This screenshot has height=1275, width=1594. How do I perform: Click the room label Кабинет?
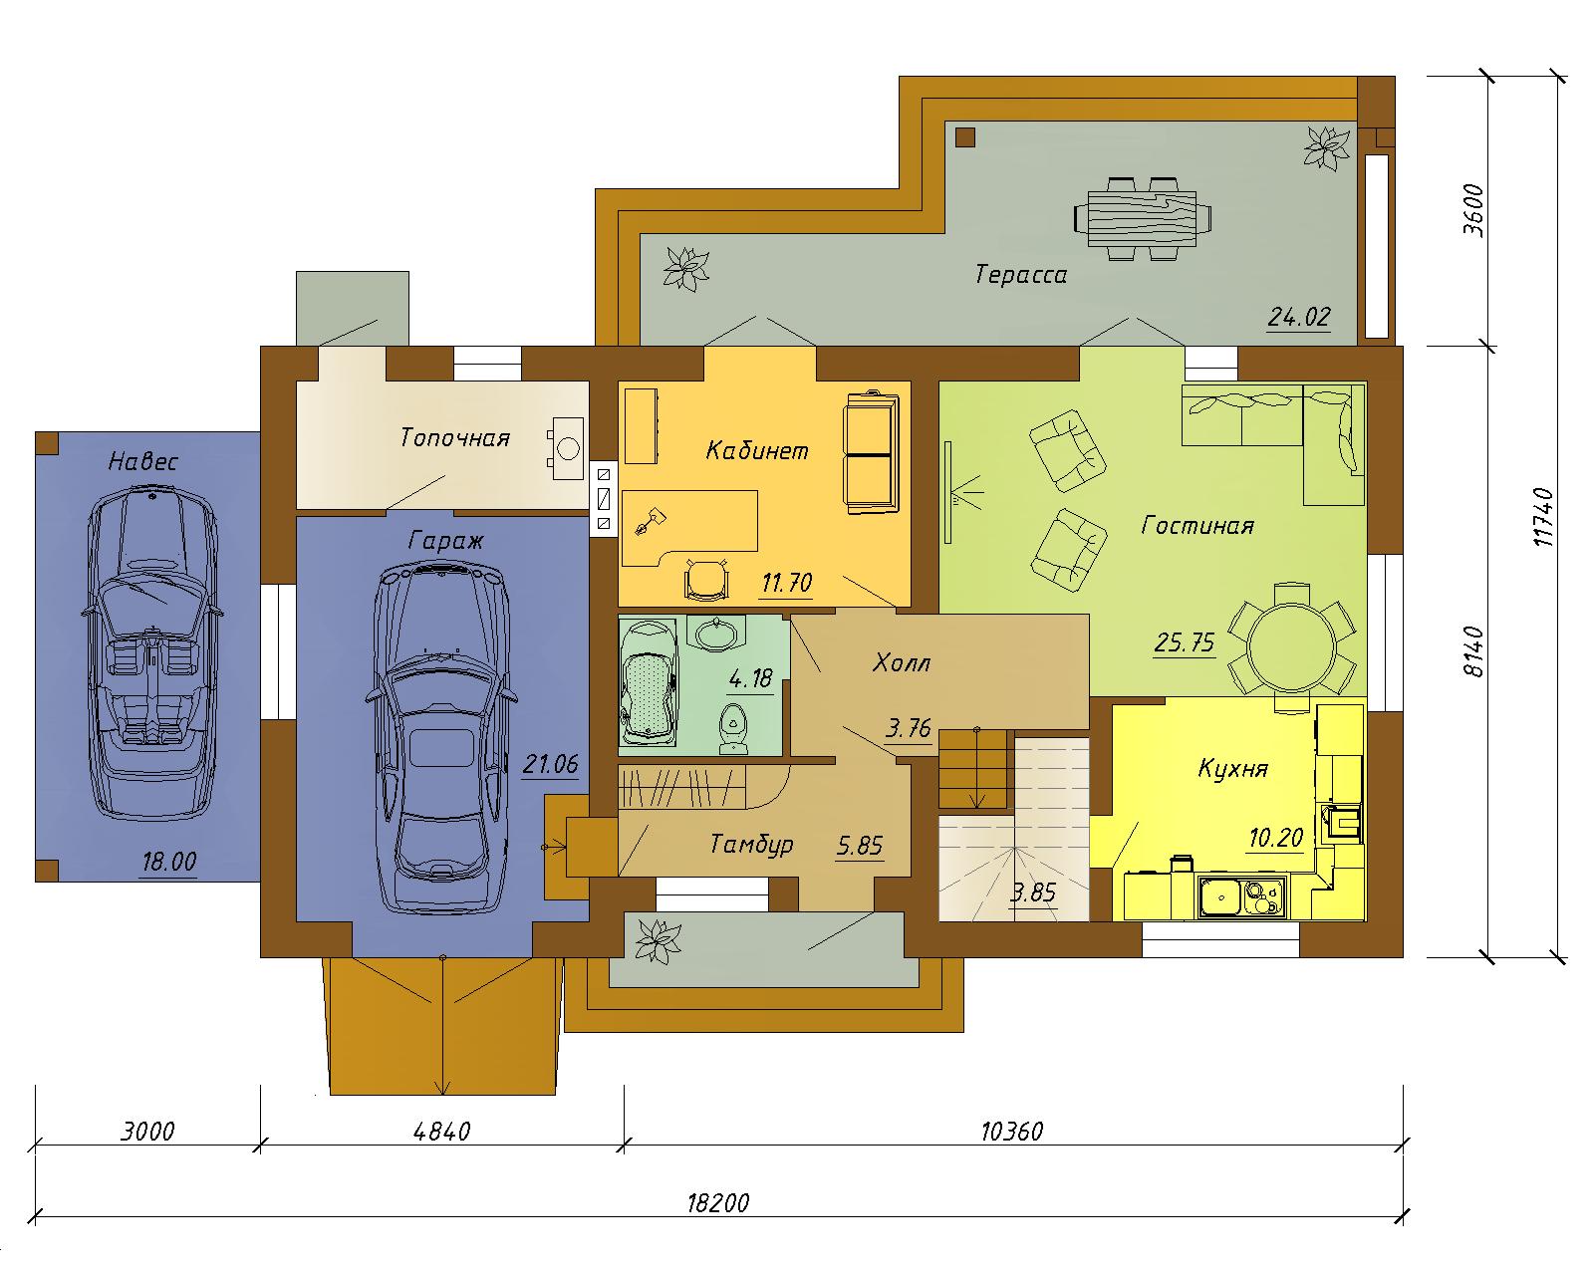click(757, 450)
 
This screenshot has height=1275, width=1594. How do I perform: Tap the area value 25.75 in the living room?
click(1185, 642)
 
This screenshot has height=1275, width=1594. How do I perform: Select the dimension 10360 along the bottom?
click(1012, 1132)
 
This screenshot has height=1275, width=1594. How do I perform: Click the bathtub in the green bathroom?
click(650, 681)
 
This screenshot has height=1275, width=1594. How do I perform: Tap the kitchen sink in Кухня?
click(1241, 897)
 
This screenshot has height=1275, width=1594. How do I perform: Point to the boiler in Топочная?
click(567, 447)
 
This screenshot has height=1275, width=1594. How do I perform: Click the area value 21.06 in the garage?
click(550, 764)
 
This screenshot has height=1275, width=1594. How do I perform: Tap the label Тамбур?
click(751, 844)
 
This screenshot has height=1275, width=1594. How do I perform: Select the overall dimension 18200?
click(717, 1202)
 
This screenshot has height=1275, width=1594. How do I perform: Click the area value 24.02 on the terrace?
click(1299, 317)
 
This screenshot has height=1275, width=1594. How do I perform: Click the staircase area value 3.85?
click(1033, 892)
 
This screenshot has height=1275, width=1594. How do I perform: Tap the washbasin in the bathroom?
click(716, 635)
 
